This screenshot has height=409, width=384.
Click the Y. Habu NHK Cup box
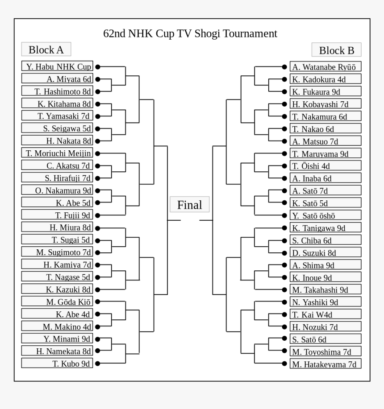pyautogui.click(x=57, y=66)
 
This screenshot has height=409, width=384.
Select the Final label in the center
pyautogui.click(x=189, y=205)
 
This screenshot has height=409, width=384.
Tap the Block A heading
pyautogui.click(x=46, y=50)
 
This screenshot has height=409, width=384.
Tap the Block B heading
pyautogui.click(x=336, y=50)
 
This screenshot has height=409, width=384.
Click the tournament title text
pyautogui.click(x=190, y=34)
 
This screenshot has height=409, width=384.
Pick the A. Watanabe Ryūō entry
pyautogui.click(x=325, y=67)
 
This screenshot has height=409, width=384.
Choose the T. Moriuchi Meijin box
pyautogui.click(x=57, y=153)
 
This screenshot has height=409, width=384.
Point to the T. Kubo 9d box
pyautogui.click(x=57, y=363)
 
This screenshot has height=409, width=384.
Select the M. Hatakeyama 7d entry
pyautogui.click(x=325, y=364)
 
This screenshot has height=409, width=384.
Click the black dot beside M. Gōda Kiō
pyautogui.click(x=97, y=302)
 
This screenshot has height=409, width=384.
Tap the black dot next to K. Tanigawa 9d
pyautogui.click(x=284, y=227)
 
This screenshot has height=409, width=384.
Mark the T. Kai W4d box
pyautogui.click(x=325, y=314)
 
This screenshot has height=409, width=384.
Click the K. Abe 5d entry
pyautogui.click(x=57, y=202)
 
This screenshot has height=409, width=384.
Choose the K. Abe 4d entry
pyautogui.click(x=57, y=314)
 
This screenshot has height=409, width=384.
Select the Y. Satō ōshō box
pyautogui.click(x=325, y=215)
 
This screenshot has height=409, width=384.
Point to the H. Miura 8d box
pyautogui.click(x=57, y=227)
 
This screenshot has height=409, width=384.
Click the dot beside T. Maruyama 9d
pyautogui.click(x=284, y=153)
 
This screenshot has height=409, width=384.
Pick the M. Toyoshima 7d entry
pyautogui.click(x=325, y=351)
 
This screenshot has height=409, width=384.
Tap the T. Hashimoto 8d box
pyautogui.click(x=57, y=91)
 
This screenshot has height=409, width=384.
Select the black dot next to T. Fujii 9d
pyautogui.click(x=97, y=215)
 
